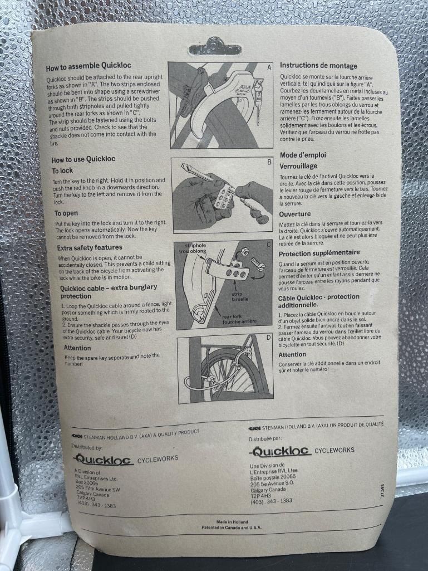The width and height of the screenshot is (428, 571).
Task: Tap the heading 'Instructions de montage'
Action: click(x=318, y=66)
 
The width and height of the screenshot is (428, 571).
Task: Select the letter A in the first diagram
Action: click(x=269, y=67)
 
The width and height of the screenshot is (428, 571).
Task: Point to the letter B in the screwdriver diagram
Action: click(x=269, y=162)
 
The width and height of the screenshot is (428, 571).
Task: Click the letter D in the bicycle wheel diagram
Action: click(x=269, y=338)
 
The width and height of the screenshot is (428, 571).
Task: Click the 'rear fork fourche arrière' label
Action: click(x=239, y=319)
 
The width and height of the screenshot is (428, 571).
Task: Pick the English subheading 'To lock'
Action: click(x=62, y=171)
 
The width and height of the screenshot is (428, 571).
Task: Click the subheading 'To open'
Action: click(x=66, y=213)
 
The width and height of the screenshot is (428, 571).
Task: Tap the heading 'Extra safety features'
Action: click(x=90, y=248)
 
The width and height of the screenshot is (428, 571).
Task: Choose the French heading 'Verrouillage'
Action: click(x=298, y=166)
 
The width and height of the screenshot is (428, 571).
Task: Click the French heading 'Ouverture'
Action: click(x=295, y=214)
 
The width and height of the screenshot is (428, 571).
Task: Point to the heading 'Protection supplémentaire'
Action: click(x=319, y=253)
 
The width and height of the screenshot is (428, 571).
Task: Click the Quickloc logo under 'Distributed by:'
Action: click(x=103, y=459)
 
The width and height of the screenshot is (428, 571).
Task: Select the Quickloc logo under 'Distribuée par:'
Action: click(x=280, y=452)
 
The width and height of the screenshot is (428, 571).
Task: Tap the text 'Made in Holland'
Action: click(x=232, y=522)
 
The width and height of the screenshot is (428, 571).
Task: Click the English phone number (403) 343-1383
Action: click(x=97, y=504)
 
